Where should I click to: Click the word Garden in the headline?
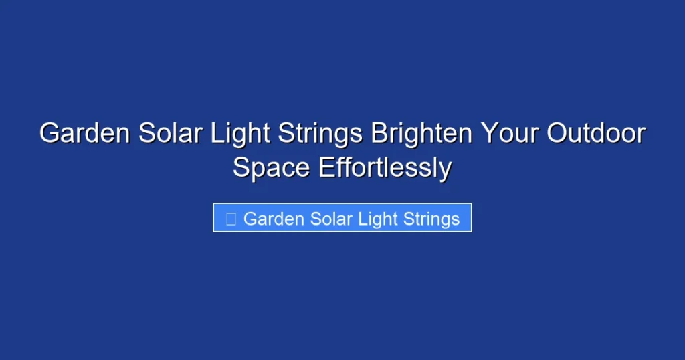tap(84, 134)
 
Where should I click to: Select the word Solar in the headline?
tap(171, 134)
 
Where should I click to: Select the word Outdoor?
tap(596, 134)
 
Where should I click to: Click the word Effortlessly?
tap(385, 168)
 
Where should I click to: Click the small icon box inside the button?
tap(231, 219)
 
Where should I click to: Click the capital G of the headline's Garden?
tap(49, 134)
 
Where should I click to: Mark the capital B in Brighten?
tap(380, 134)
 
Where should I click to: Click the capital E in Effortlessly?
tap(326, 168)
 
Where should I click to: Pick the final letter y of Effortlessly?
tap(445, 170)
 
